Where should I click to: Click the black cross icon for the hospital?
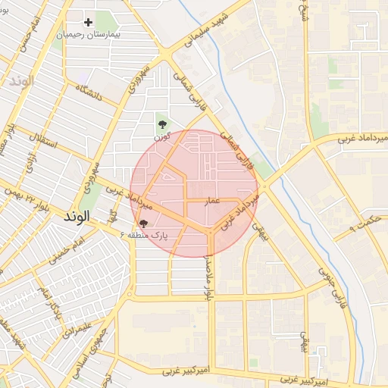[89, 23]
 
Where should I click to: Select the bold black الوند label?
[77, 217]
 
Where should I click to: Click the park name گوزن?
[161, 136]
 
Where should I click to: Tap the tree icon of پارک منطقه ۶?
[143, 224]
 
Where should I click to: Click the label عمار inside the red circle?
[213, 201]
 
